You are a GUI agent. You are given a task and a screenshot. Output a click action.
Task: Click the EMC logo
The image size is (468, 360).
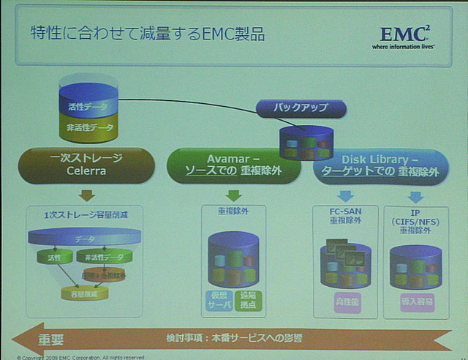tap(407, 37)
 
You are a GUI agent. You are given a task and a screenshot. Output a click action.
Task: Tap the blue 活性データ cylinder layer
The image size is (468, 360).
tap(88, 106)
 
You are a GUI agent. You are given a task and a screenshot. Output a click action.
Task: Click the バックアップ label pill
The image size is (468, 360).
tap(301, 108)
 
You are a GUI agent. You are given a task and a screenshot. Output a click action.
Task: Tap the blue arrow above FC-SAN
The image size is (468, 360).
tap(345, 195)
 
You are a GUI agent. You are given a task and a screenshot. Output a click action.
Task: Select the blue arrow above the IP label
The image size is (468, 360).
tap(415, 195)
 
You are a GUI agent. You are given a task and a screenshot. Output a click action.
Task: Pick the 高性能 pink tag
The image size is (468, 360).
tap(346, 300)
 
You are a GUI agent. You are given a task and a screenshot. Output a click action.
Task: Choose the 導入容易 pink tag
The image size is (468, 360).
tap(415, 300)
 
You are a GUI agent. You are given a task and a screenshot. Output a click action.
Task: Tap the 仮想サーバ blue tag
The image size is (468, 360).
tap(219, 300)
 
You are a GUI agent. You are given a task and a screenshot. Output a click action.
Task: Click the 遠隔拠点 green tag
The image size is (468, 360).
tap(249, 300)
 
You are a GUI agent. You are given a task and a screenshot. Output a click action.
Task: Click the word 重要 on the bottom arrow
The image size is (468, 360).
tap(51, 340)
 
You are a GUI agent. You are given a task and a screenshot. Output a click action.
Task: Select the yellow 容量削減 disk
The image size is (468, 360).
tap(84, 293)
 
